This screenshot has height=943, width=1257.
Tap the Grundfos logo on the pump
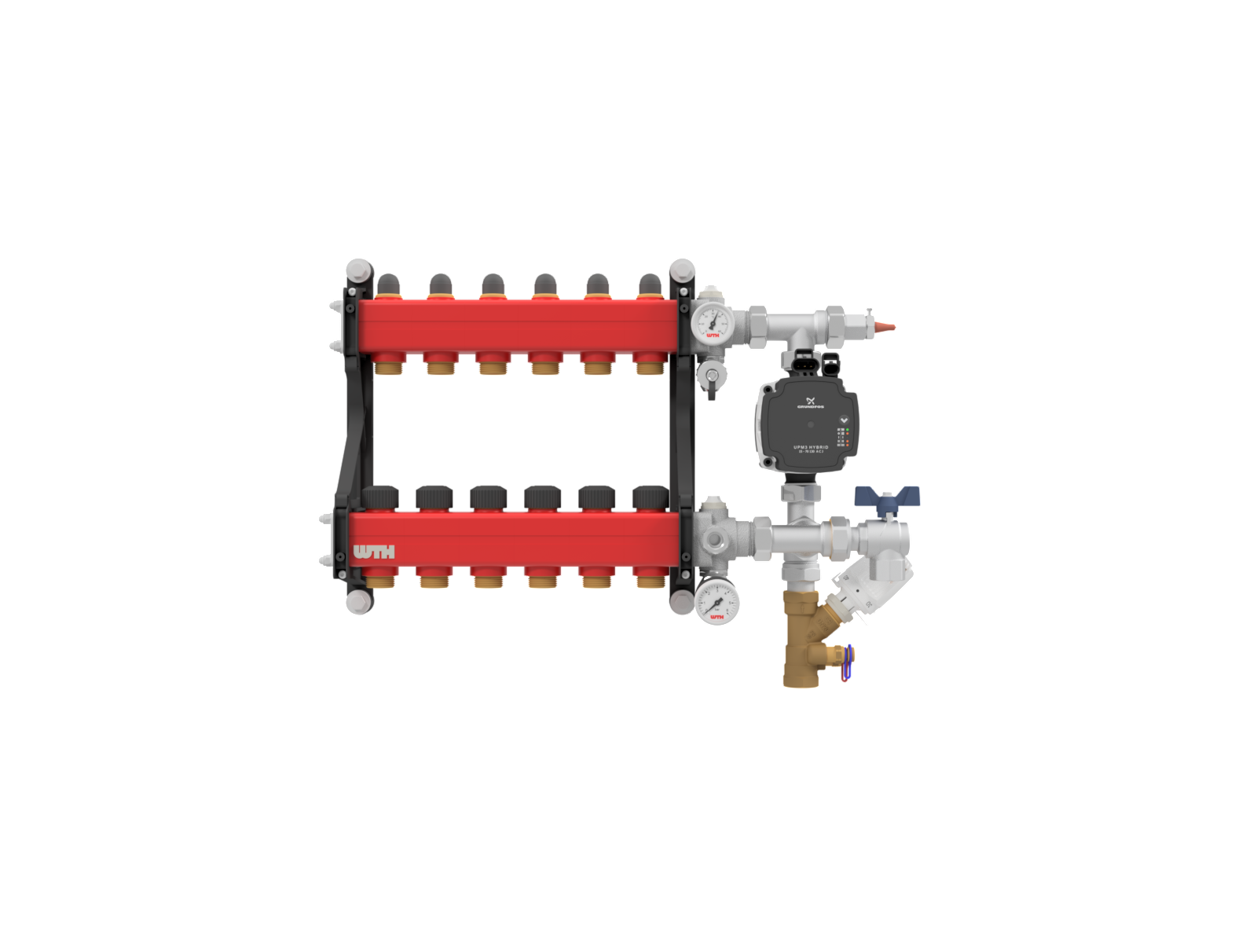pos(810,402)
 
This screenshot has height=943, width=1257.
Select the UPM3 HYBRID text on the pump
pos(811,446)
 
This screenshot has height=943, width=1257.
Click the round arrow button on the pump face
pos(844,420)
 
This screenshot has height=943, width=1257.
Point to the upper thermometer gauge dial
pos(713,322)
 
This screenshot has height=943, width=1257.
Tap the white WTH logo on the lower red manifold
pos(374,552)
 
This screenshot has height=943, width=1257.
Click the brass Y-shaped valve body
pos(803,638)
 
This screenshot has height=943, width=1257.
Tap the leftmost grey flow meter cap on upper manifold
pos(388,283)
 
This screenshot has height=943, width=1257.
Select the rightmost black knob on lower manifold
pos(650,498)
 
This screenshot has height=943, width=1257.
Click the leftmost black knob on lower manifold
pos(380,498)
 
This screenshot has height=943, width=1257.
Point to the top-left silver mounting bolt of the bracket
pos(357,269)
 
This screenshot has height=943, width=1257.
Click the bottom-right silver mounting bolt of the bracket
pos(682,602)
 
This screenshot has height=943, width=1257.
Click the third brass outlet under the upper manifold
pos(493,365)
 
